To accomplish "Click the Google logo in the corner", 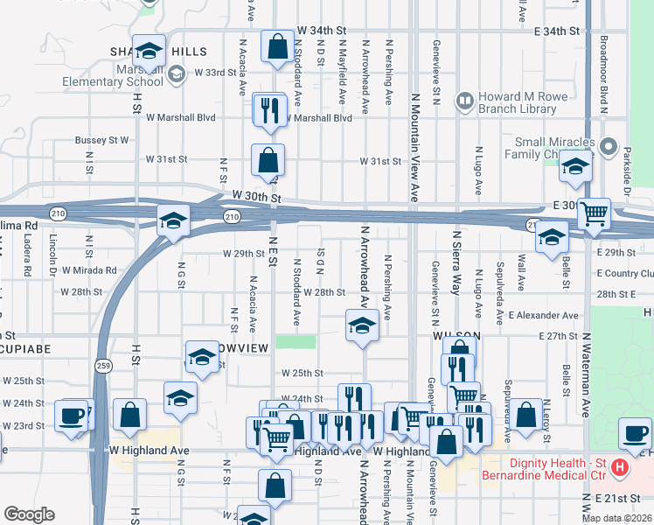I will click(x=29, y=514).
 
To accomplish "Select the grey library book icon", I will click(x=463, y=102).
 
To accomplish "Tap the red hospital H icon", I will click(x=619, y=468).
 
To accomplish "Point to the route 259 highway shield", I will click(x=103, y=367).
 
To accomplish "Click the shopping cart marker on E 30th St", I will click(x=594, y=213).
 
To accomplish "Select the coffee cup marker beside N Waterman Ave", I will click(x=634, y=431).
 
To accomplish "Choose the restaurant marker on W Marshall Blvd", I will click(x=268, y=109).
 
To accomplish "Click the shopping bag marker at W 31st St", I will click(x=268, y=160).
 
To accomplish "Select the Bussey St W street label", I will click(x=101, y=140).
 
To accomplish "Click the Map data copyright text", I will click(x=616, y=518).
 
